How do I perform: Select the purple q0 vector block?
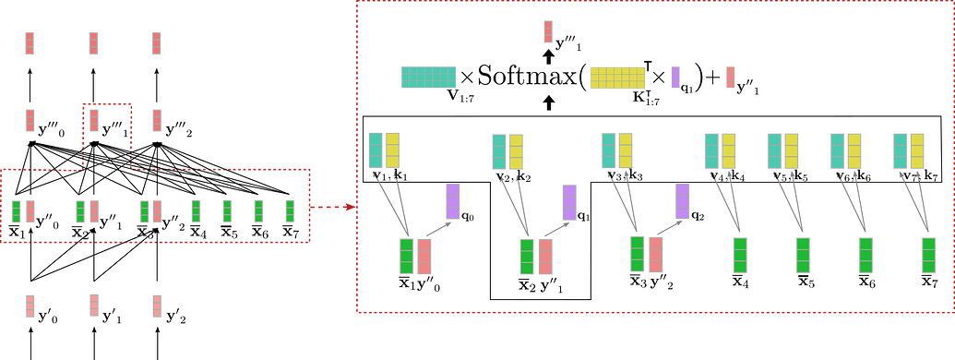(x=453, y=201)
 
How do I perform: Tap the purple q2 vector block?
(x=682, y=200)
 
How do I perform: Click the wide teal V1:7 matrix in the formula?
(x=428, y=77)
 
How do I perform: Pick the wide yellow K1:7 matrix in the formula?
(x=618, y=78)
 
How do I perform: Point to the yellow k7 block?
(x=917, y=150)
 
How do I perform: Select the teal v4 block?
(x=712, y=150)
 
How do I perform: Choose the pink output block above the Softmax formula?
(x=548, y=32)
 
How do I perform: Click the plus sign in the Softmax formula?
(x=710, y=78)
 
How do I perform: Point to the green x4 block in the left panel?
(x=196, y=210)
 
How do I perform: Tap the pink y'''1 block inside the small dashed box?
(x=94, y=120)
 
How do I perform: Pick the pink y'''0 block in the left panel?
(x=30, y=120)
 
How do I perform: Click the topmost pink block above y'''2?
(x=157, y=43)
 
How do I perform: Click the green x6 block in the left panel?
(x=257, y=210)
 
